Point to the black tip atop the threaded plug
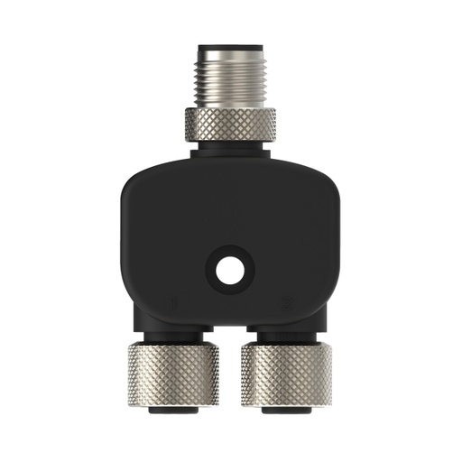[x=231, y=42]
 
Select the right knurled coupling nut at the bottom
[x=286, y=374]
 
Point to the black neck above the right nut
[x=286, y=335]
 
